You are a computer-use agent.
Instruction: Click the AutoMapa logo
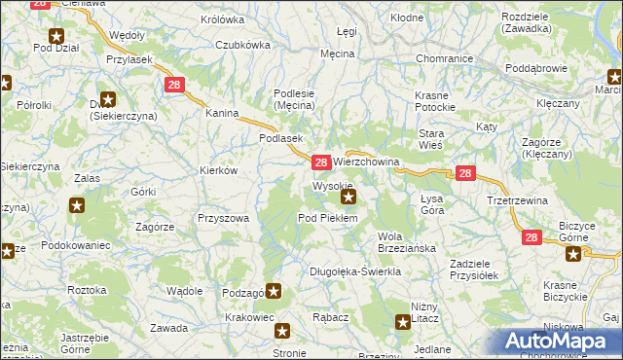[x=560, y=340]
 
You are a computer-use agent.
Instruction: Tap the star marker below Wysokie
[x=348, y=197]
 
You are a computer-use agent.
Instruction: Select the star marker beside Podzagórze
[x=275, y=291]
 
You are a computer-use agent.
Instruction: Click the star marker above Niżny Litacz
[x=403, y=322]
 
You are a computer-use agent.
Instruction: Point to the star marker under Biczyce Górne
[x=573, y=255]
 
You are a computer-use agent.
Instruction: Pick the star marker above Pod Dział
[x=56, y=36]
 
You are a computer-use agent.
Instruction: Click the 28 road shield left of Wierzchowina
[x=320, y=162]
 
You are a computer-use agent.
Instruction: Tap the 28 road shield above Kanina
[x=174, y=86]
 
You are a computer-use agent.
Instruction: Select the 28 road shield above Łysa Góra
[x=465, y=174]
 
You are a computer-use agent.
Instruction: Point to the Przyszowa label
[x=224, y=219]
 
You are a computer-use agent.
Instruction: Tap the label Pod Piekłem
[x=328, y=218]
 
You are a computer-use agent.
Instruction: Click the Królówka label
[x=222, y=19]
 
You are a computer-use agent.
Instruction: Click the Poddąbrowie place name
[x=542, y=69]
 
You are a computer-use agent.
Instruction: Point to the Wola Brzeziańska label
[x=406, y=242]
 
